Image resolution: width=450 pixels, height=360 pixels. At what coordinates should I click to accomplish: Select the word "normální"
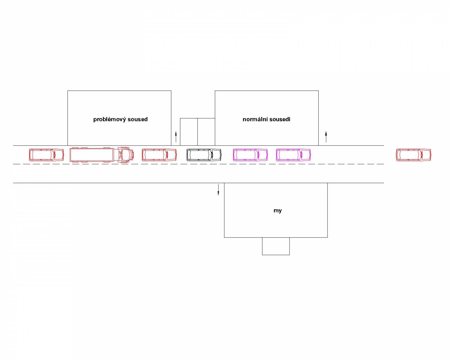click(x=255, y=119)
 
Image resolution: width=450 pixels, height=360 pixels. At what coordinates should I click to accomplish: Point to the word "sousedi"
click(x=280, y=119)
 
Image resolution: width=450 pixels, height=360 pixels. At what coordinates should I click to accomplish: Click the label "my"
click(x=277, y=211)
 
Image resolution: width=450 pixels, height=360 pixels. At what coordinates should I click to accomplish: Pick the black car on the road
click(x=204, y=155)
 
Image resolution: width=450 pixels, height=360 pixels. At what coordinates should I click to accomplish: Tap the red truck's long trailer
click(x=92, y=155)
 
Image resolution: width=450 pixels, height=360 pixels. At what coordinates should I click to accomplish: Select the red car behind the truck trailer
click(x=46, y=155)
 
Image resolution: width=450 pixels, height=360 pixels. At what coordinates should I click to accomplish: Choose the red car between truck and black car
click(x=159, y=155)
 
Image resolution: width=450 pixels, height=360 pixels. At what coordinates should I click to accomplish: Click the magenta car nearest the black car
click(x=250, y=155)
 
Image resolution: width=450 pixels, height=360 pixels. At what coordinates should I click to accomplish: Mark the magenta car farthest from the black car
click(x=293, y=155)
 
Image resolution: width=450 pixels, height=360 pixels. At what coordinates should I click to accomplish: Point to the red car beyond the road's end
click(x=413, y=155)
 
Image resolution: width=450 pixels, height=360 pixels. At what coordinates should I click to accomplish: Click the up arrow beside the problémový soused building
click(x=176, y=137)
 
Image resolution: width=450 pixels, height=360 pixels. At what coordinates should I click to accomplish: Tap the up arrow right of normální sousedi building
click(x=326, y=137)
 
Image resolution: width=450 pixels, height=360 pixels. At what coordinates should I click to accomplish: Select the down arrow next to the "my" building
click(x=218, y=190)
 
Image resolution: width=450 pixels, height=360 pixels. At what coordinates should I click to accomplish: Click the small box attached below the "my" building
click(x=276, y=246)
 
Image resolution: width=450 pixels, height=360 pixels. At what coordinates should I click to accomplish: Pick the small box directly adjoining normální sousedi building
click(x=206, y=132)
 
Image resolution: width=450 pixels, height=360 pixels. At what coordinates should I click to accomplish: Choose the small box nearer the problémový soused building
click(x=189, y=132)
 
